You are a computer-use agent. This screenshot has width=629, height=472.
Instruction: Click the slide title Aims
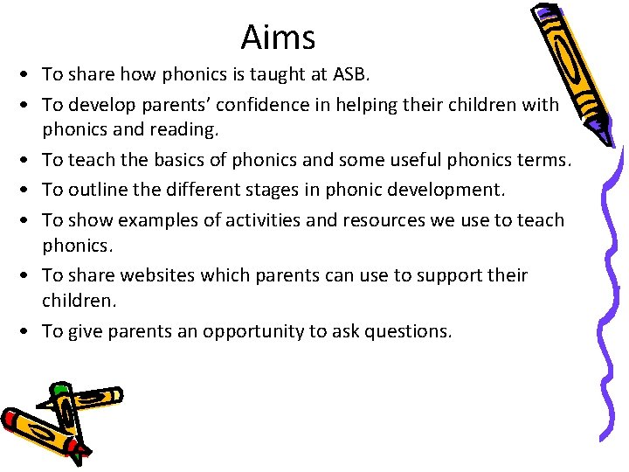[x=278, y=38]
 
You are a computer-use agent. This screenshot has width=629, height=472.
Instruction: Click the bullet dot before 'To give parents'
[x=30, y=332]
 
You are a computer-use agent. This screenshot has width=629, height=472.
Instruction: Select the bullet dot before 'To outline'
[x=30, y=190]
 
